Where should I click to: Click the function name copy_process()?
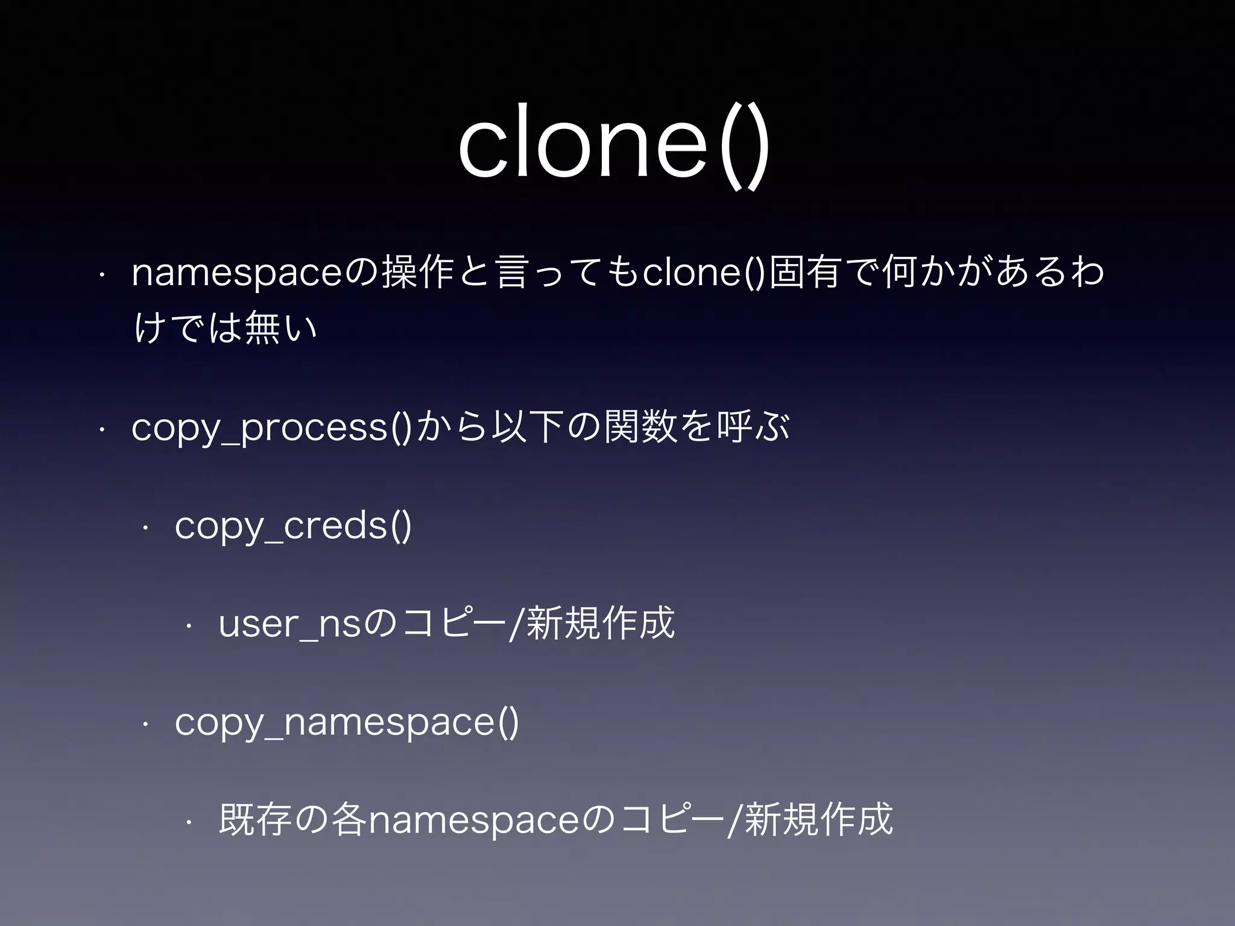271,428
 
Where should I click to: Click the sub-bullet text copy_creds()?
293,526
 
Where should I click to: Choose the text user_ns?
290,624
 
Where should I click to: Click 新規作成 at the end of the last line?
818,820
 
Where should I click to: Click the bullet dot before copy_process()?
103,429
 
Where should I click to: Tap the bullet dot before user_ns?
189,626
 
